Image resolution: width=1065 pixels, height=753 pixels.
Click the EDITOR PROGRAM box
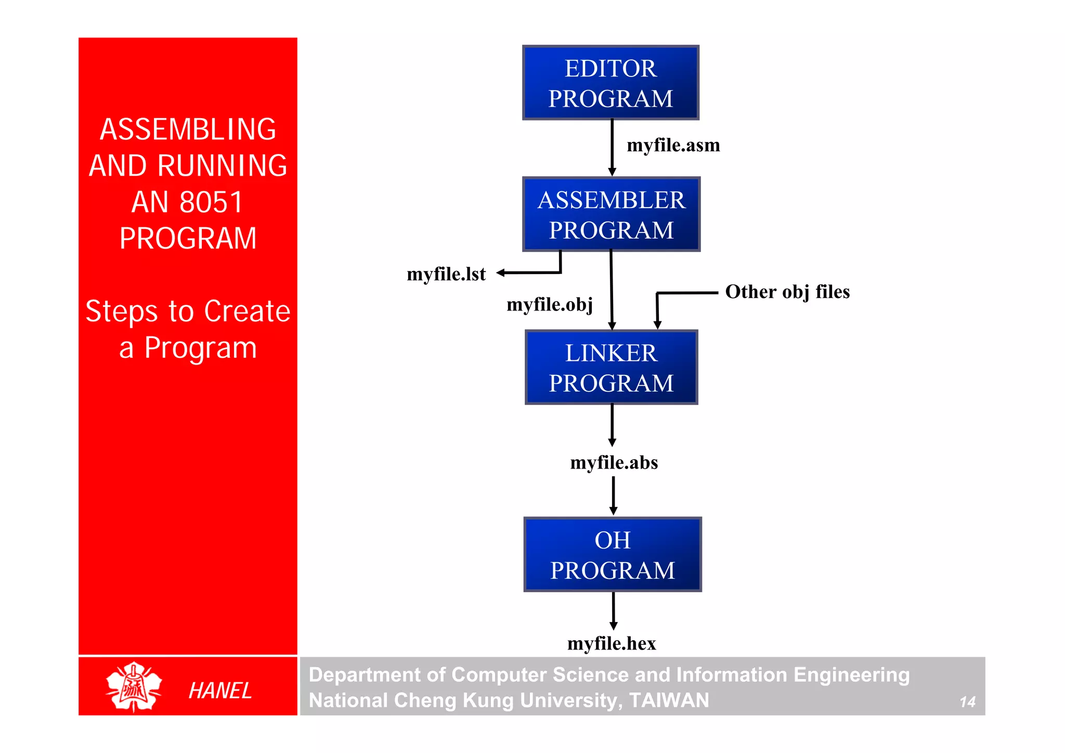point(611,83)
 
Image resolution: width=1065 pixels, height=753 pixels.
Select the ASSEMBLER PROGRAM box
point(611,214)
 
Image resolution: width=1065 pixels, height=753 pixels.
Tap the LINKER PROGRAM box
point(611,367)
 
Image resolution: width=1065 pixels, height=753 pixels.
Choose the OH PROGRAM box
point(612,554)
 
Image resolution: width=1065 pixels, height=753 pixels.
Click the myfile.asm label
point(673,145)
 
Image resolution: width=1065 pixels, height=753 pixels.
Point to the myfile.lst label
point(446,274)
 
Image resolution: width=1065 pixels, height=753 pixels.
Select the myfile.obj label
point(549,304)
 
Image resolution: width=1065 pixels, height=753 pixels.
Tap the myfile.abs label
point(614,462)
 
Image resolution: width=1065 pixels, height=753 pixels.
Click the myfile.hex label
point(612,644)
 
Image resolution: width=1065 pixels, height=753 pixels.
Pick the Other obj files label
point(787,292)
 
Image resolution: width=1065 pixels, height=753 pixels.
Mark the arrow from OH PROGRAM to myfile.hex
point(613,611)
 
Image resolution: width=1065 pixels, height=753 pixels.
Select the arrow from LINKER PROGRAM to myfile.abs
point(612,424)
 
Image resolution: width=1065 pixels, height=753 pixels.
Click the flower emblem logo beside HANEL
point(134,687)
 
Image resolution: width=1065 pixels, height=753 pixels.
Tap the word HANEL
point(220,691)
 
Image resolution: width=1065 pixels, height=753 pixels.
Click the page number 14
point(967,702)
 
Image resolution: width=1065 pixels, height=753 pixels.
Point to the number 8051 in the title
point(211,202)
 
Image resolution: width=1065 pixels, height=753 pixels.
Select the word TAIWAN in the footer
point(669,700)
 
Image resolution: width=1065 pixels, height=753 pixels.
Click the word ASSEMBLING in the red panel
point(188,129)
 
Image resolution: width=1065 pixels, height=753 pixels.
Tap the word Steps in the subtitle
point(121,312)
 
